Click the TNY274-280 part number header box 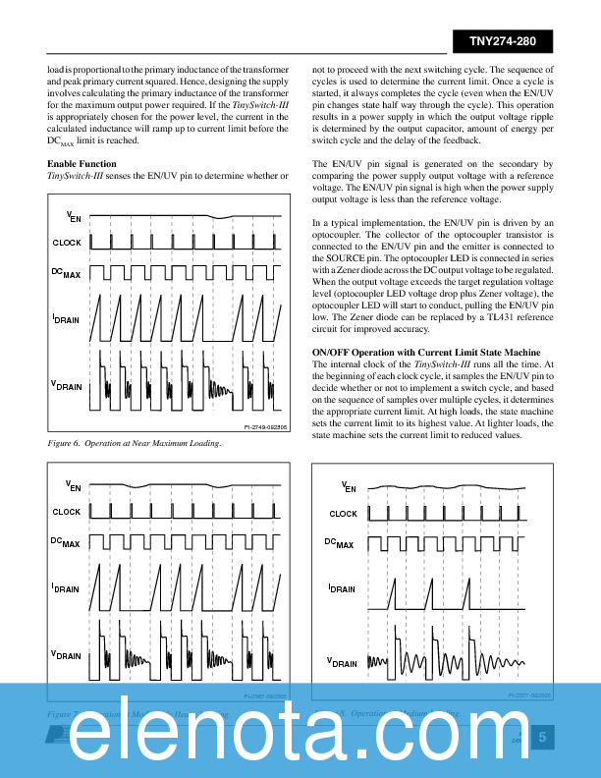(502, 41)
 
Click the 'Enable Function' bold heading (82, 163)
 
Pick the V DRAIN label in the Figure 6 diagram (67, 385)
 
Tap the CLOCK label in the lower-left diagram (67, 512)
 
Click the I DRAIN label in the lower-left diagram (67, 588)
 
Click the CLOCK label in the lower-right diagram (343, 514)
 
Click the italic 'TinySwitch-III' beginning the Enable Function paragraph (79, 175)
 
